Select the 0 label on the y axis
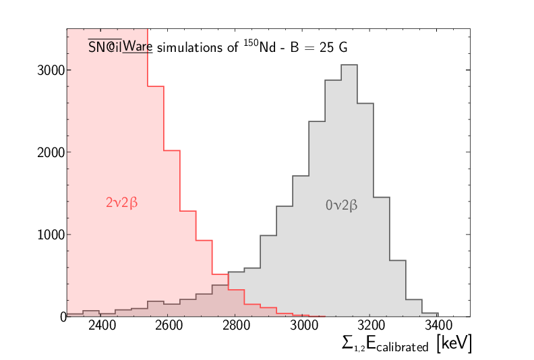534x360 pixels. pyautogui.click(x=62, y=316)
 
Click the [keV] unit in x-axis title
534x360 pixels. pyautogui.click(x=454, y=344)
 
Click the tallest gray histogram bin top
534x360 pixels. pyautogui.click(x=349, y=65)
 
